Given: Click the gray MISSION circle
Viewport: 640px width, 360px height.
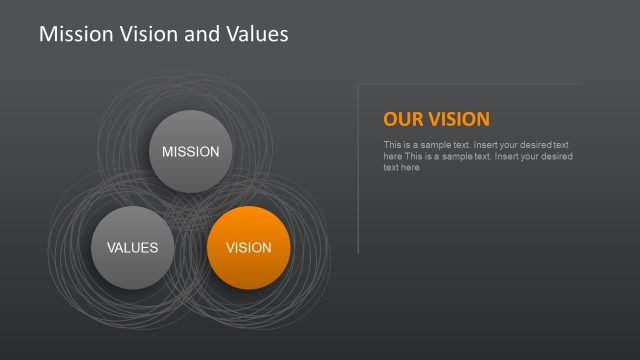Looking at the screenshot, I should tap(190, 151).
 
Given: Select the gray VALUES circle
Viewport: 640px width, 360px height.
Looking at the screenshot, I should tap(132, 247).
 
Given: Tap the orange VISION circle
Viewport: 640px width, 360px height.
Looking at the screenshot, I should tap(248, 247).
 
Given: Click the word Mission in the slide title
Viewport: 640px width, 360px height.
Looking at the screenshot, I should tap(72, 34).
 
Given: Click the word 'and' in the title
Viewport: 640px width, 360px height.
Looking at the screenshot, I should tap(200, 34).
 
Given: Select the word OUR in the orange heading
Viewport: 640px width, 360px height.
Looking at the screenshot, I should tap(403, 120).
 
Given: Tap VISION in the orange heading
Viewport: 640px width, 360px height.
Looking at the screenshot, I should tap(459, 120).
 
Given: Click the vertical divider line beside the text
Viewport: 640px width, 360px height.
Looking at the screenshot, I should tap(358, 170).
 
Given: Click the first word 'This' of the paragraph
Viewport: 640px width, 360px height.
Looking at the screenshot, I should tap(392, 145).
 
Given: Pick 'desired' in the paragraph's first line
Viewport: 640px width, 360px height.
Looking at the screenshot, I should tap(533, 145).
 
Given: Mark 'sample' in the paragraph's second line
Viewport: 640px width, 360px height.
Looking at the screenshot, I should tap(459, 156).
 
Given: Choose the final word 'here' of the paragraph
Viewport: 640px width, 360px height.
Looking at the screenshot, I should tap(410, 168).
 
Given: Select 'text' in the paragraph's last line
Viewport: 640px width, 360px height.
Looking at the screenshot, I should tap(391, 168).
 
